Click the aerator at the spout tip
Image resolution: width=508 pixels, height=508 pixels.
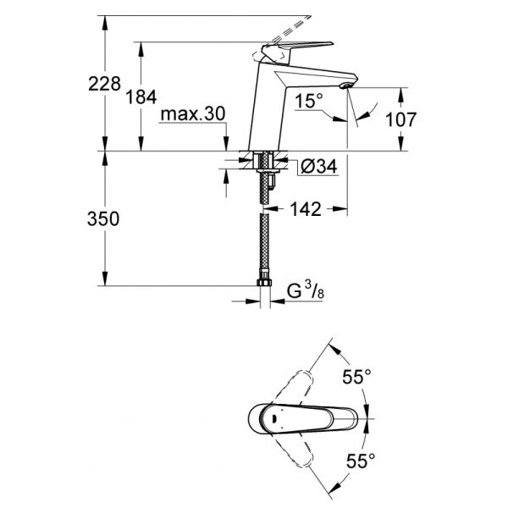(x=345, y=86)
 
